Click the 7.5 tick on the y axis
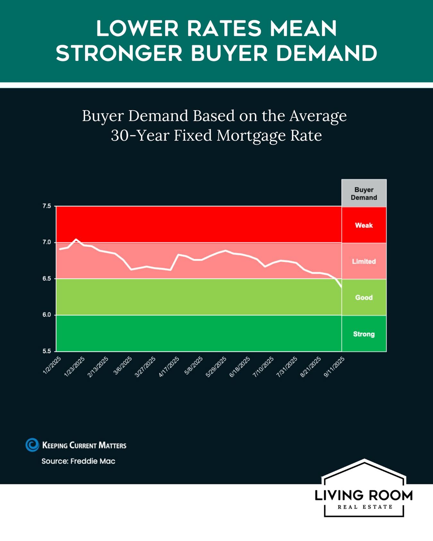click(47, 206)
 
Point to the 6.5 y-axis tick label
click(47, 279)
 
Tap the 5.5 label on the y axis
click(47, 351)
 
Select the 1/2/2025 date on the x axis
click(52, 365)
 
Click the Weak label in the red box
click(364, 225)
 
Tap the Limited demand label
click(364, 262)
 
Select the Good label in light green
click(364, 297)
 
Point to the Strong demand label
click(364, 334)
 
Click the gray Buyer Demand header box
click(364, 194)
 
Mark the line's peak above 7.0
click(76, 239)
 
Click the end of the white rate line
click(341, 287)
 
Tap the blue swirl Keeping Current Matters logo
click(32, 445)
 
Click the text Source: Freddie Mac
click(78, 461)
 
